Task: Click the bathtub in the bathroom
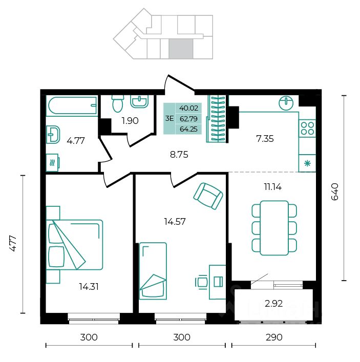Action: (x=72, y=105)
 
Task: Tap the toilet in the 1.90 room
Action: (x=118, y=103)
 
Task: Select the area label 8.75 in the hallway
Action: (x=179, y=155)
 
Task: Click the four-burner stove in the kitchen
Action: (x=307, y=128)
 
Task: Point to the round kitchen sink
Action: (x=286, y=103)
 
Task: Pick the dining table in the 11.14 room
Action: (x=274, y=228)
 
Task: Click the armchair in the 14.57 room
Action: (x=208, y=196)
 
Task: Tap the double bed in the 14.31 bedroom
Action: (x=75, y=245)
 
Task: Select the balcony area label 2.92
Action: (x=273, y=304)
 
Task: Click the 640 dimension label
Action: (x=334, y=191)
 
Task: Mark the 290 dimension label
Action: (x=274, y=337)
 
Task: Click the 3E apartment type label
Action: (x=170, y=119)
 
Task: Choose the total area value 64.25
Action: (x=188, y=129)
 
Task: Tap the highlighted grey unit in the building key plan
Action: (x=181, y=49)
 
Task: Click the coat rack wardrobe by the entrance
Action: (x=217, y=119)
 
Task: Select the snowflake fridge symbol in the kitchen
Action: (x=307, y=163)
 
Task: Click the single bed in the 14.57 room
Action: (x=153, y=271)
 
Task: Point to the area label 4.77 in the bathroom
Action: (x=75, y=141)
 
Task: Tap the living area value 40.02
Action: (x=188, y=108)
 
